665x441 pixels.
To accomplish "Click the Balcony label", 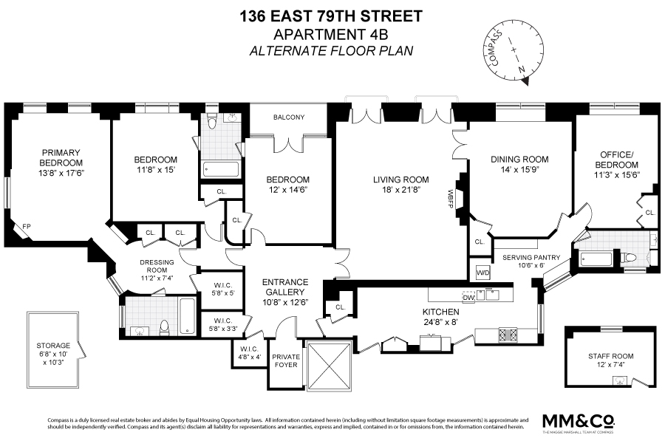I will click(288, 117).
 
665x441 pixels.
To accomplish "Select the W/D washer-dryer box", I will click(482, 271).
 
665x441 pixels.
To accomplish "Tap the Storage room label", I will click(53, 345).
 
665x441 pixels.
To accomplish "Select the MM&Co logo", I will click(579, 421).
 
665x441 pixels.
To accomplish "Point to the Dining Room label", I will click(520, 160).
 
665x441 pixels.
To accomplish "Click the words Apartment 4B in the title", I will click(332, 35).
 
